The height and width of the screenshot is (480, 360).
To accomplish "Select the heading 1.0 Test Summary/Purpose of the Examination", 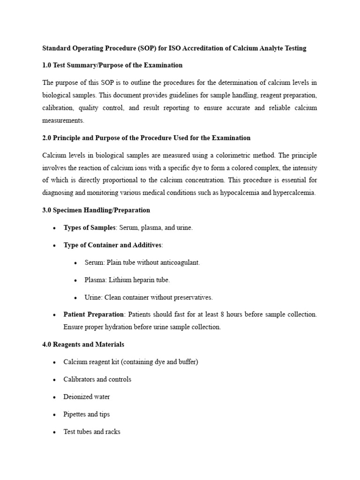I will [x=112, y=65].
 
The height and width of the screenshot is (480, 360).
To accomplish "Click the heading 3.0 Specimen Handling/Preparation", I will [x=96, y=210].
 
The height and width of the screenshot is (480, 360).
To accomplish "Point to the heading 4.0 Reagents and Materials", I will [x=83, y=345].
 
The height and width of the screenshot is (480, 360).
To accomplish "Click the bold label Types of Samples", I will [x=90, y=228].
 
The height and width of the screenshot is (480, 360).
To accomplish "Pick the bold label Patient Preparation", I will [x=94, y=314].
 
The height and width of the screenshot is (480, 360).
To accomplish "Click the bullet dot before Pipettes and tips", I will [x=54, y=415].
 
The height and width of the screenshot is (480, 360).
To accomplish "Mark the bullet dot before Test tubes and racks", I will [x=54, y=432].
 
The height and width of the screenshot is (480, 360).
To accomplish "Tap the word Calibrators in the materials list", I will [x=79, y=379].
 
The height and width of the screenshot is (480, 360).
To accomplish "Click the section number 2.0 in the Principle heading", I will [x=47, y=138].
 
